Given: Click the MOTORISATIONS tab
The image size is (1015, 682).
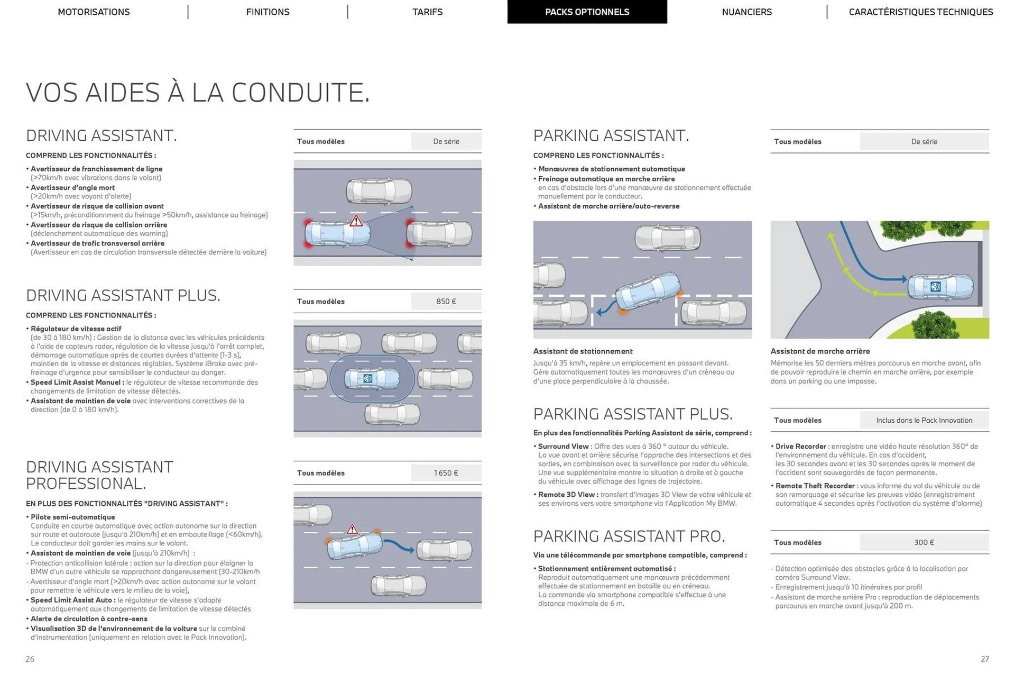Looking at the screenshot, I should [94, 12].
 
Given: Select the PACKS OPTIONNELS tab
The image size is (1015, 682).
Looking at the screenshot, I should [587, 12].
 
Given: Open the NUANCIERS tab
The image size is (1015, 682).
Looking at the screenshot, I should [746, 12].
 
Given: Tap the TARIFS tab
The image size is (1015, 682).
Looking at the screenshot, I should [427, 12].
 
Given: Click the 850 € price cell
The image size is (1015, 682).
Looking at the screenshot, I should [446, 301].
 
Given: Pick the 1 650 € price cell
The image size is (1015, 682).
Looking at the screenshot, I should [446, 473].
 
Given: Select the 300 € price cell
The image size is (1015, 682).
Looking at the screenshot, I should [924, 542].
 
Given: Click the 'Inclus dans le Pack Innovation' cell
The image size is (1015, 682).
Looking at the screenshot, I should [924, 420].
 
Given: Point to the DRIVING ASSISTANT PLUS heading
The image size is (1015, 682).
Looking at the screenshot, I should [123, 295].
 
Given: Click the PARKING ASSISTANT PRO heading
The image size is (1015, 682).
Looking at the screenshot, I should [629, 536].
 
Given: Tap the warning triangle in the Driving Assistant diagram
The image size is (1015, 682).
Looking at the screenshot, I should [356, 221].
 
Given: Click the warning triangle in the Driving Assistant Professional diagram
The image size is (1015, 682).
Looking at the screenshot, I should [352, 529].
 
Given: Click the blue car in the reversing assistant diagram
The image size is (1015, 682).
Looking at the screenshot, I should [940, 286].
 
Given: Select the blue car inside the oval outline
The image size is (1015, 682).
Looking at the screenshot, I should [372, 378].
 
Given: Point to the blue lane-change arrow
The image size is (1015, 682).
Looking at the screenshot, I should [399, 546].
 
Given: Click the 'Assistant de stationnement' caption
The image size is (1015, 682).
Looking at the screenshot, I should [583, 351].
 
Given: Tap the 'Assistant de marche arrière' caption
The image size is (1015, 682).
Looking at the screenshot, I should [820, 351].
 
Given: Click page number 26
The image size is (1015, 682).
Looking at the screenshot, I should [30, 659].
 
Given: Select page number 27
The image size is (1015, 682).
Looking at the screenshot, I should [984, 659].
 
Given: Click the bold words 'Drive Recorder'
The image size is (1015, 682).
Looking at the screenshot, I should [800, 447].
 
